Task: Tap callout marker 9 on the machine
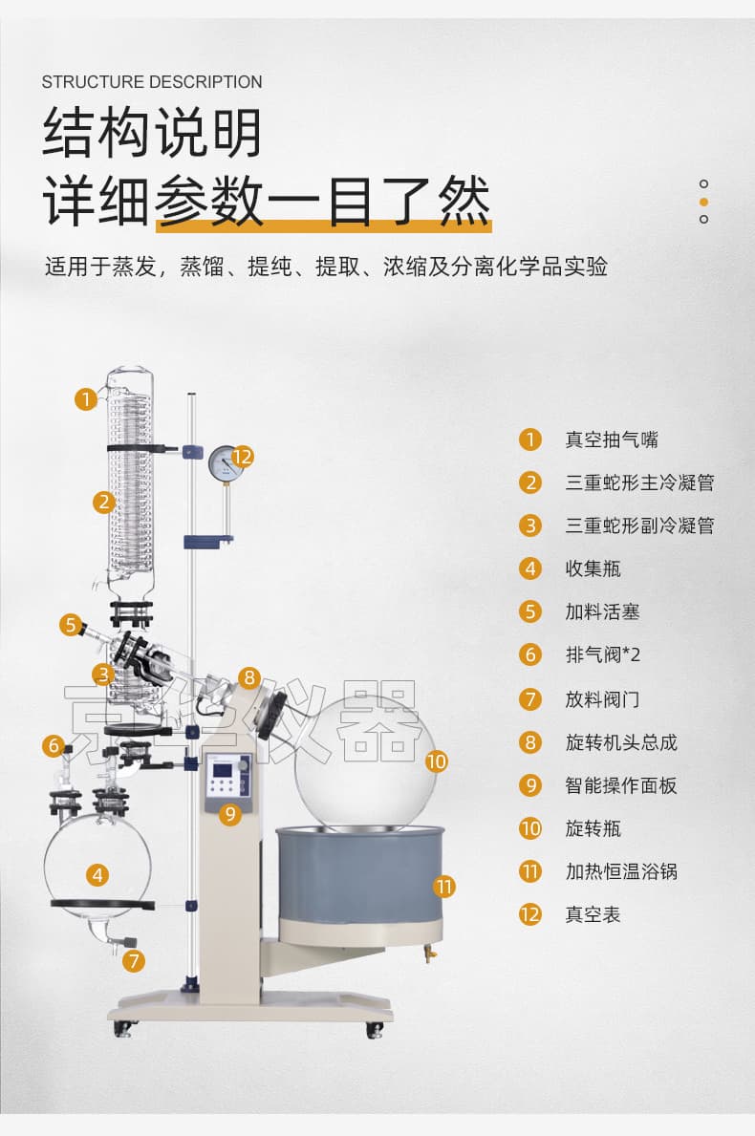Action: click(x=230, y=815)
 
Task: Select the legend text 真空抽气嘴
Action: click(x=612, y=439)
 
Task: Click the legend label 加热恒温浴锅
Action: click(x=621, y=870)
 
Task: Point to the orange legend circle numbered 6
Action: click(x=530, y=654)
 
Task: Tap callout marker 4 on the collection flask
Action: click(x=97, y=875)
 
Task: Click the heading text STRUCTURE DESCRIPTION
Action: click(x=152, y=82)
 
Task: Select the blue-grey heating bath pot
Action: click(x=360, y=880)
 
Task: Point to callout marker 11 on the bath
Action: click(x=445, y=886)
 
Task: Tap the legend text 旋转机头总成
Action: click(x=621, y=741)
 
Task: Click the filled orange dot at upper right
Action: click(x=703, y=202)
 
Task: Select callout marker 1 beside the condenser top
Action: click(x=86, y=399)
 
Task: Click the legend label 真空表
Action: click(x=593, y=914)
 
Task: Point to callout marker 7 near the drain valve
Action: click(x=134, y=961)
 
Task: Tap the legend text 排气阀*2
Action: click(x=603, y=654)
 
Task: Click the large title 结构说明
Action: click(x=152, y=133)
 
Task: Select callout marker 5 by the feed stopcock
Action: click(x=71, y=625)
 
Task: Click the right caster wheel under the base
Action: click(x=374, y=1029)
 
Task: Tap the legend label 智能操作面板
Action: click(x=621, y=785)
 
